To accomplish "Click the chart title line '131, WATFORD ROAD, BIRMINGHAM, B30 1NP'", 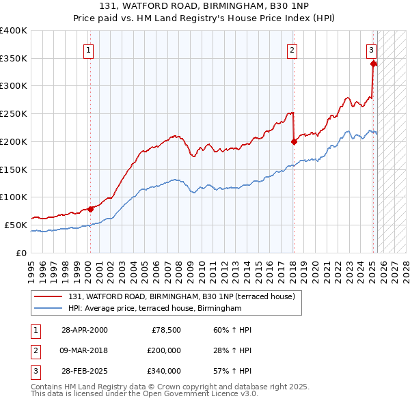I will click(204, 5).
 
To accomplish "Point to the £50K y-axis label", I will click(16, 225).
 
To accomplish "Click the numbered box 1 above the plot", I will click(90, 49).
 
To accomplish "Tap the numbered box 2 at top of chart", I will click(292, 49).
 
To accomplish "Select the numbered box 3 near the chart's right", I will click(371, 49).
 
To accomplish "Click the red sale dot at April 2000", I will click(90, 209).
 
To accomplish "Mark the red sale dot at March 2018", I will click(293, 142).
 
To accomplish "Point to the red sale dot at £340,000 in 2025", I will click(373, 64).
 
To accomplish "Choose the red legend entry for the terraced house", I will click(181, 296).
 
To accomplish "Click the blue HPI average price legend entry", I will click(154, 309).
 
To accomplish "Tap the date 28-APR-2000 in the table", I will click(84, 330).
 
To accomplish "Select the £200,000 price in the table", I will click(164, 350).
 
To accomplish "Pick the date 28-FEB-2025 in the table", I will click(84, 371).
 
